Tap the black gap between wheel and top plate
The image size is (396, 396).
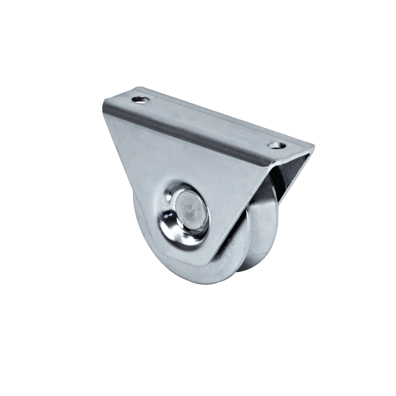(277, 181)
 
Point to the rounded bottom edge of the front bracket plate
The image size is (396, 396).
(175, 258)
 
